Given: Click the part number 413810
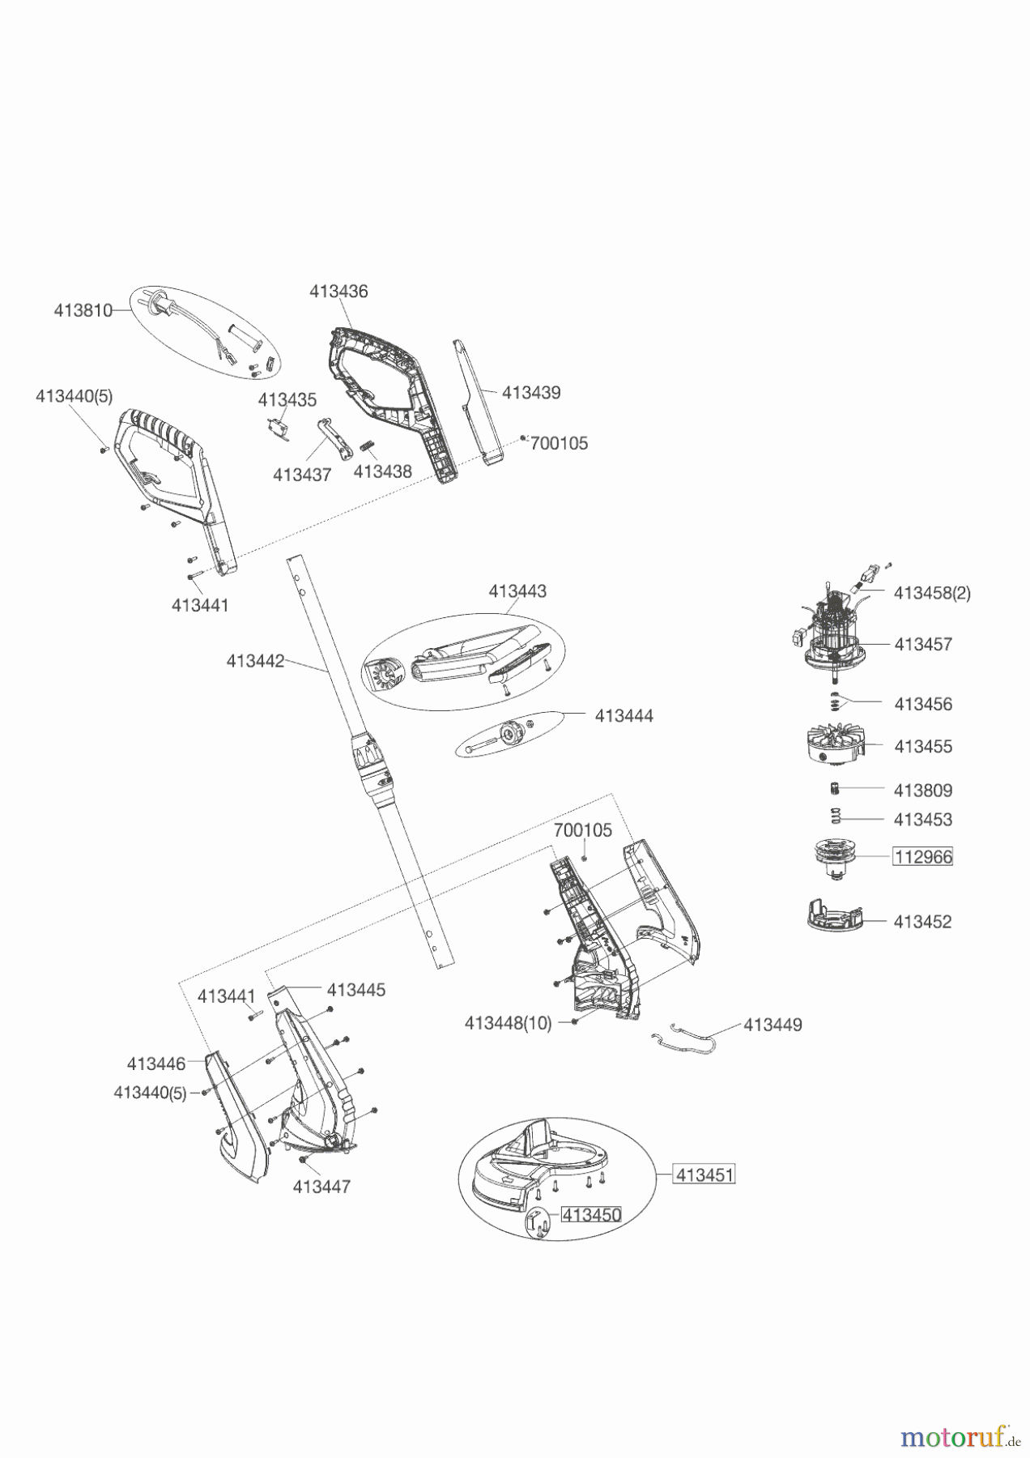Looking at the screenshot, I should coord(83,310).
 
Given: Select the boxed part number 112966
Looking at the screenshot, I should coord(922,856).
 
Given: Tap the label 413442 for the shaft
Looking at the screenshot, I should coord(255,661).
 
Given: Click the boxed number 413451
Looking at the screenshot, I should coord(704,1174).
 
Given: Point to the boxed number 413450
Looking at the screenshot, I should coord(591,1215).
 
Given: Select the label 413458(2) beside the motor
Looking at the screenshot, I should coord(932,593).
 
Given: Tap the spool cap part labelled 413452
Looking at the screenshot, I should coord(834,917).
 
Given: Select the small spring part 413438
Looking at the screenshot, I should coord(367,447).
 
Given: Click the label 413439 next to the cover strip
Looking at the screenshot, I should coord(531,392).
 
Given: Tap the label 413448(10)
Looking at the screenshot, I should coord(508,1023).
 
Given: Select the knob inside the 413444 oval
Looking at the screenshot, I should coord(511,732).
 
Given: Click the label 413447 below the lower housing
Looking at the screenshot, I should coord(321,1187).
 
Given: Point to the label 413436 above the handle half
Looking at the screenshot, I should coord(338,292).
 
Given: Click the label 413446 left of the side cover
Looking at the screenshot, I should coord(156,1064).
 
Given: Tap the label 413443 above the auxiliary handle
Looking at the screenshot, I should coord(517,591).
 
